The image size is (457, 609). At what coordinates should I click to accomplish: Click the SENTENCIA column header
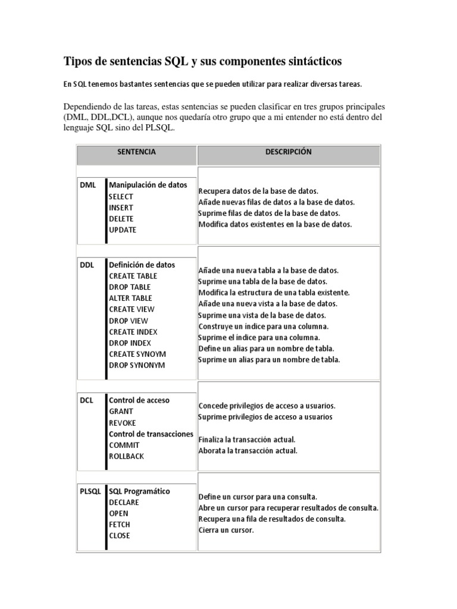point(136,152)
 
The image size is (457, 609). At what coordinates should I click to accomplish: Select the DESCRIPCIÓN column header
point(288,152)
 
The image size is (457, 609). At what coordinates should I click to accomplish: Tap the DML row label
point(87,185)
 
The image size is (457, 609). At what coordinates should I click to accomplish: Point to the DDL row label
point(87,265)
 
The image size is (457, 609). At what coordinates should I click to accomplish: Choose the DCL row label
point(87,400)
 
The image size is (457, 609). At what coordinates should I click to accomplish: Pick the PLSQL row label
point(91,491)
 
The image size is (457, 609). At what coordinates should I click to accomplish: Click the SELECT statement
point(121,196)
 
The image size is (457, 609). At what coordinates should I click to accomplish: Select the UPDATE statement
point(123,230)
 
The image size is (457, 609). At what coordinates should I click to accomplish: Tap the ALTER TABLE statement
point(130,298)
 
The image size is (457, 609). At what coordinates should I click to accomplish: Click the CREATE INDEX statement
point(133,332)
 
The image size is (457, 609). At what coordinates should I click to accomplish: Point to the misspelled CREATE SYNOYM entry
point(137,354)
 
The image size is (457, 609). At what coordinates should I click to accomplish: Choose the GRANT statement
point(121,411)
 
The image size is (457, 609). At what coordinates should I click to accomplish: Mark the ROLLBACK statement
point(126,456)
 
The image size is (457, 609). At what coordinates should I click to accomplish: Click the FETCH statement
point(120,525)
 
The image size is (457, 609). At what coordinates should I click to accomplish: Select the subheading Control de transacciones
point(151,434)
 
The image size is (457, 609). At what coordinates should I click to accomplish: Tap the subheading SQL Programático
point(139,491)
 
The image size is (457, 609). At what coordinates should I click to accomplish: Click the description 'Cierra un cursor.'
point(226,530)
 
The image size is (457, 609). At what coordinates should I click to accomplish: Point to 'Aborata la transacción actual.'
point(248,450)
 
